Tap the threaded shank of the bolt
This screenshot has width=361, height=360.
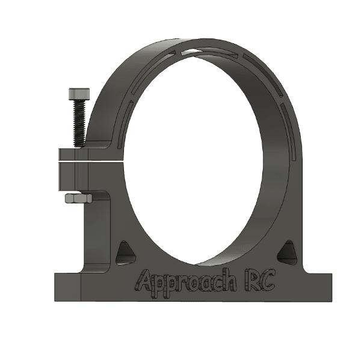pos(78,123)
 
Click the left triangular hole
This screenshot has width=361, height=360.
pos(125,252)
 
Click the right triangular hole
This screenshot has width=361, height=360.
pos(288,252)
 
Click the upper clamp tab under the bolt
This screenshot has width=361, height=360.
pos(84,154)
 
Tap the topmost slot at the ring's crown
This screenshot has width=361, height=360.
pos(208,50)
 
